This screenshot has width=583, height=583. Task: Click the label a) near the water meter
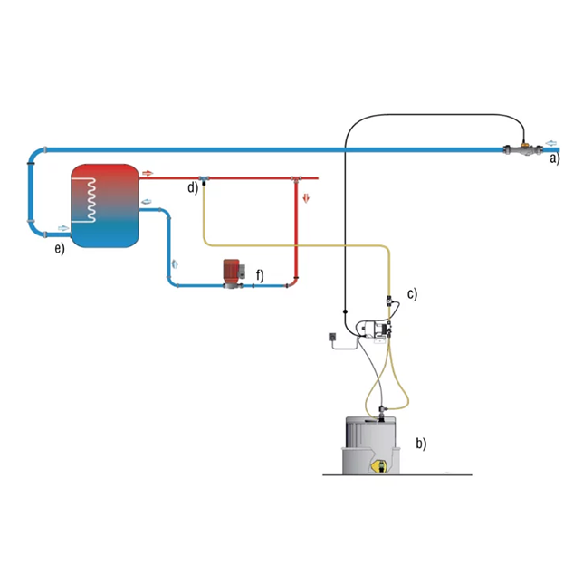555,158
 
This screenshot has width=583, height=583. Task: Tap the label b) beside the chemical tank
421,444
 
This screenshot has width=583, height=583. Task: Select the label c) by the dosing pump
412,293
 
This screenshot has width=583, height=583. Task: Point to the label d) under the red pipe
193,187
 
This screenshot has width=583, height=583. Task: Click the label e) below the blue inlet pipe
60,248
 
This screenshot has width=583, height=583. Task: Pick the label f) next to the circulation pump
260,275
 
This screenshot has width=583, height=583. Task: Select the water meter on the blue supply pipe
523,150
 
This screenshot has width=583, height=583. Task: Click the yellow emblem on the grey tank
379,466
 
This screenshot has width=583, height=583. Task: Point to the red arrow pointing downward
306,197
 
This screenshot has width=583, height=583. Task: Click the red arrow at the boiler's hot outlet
148,173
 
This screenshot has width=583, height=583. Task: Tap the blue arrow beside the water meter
551,143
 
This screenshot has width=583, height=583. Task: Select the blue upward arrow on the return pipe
175,263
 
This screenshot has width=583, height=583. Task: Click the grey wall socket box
332,337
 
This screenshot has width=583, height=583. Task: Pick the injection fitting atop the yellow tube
204,180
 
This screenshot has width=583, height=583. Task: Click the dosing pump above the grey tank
374,330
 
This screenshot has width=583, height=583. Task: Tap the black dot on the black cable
345,311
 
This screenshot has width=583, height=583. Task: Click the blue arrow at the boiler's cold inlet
63,228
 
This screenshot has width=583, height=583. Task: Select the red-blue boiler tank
105,205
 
